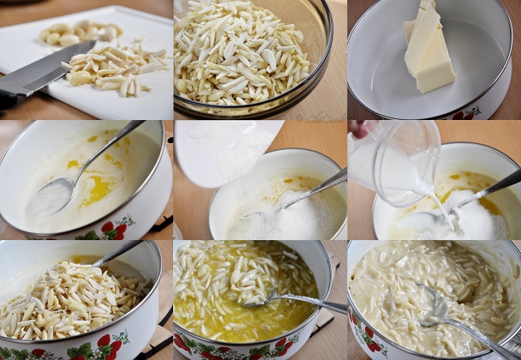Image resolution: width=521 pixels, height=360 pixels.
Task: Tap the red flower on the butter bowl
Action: [466, 113]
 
